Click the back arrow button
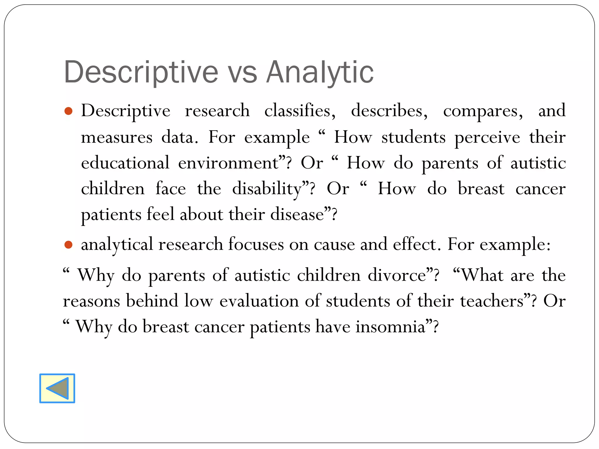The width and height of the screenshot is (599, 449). coord(57,388)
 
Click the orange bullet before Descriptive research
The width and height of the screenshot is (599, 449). coord(68,111)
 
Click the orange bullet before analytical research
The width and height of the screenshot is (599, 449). coord(68,245)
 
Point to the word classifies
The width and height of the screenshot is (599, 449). coord(300,111)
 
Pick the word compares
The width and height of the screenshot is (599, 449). coord(483,111)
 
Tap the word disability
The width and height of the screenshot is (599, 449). coord(267,189)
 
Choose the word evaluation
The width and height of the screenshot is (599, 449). coord(259,301)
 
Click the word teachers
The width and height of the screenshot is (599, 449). coord(491,301)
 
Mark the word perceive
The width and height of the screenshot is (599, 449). coord(487,137)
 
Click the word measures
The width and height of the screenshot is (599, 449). coord(116,137)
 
